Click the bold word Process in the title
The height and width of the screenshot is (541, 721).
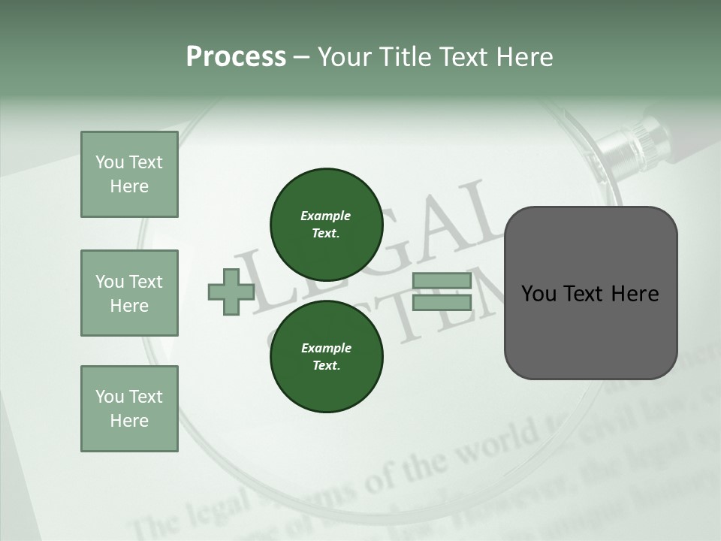point(236,57)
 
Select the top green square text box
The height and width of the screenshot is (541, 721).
point(129,174)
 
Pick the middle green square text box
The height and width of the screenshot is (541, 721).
point(129,293)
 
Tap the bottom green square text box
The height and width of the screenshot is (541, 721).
point(129,409)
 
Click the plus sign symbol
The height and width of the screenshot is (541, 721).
point(231,292)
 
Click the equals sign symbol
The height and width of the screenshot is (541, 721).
point(442,292)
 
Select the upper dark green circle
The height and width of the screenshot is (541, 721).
point(326,224)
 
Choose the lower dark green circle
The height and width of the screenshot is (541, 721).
point(326,356)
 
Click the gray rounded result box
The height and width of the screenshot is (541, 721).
point(590,293)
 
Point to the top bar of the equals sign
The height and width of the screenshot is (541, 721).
point(442,281)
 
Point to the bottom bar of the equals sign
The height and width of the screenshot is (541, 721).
point(442,302)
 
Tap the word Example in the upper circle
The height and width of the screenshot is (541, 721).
point(325,216)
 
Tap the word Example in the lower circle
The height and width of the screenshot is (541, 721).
point(326,348)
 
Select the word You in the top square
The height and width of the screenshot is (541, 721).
point(110,162)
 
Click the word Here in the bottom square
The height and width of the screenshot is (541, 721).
point(129,421)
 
